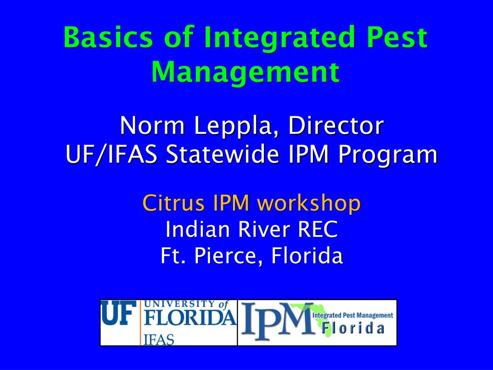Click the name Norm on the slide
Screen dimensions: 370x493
coord(153,126)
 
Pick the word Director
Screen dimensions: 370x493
coord(336,126)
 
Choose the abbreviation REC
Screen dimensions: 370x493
coord(318,230)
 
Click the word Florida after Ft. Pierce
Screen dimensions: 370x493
coord(307,256)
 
